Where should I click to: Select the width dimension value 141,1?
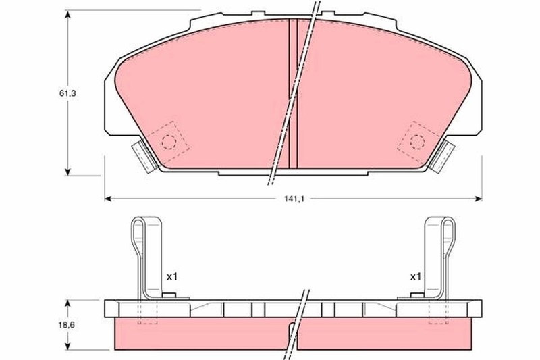click(294, 199)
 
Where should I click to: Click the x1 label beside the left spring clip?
click(171, 277)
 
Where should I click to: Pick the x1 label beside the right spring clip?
click(415, 277)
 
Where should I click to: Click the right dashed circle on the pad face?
click(418, 142)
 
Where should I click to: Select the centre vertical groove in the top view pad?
click(294, 95)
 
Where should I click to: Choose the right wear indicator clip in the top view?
click(443, 155)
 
